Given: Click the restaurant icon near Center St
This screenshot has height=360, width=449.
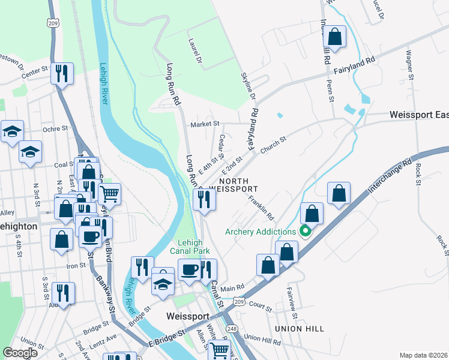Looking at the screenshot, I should click(62, 74).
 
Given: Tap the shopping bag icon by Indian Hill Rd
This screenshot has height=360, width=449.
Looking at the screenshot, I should click(335, 36).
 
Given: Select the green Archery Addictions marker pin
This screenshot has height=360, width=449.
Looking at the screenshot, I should click(305, 231).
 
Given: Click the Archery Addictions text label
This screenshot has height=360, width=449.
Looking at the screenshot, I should click(261, 232).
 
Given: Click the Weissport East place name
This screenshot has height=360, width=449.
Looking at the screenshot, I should click(418, 114).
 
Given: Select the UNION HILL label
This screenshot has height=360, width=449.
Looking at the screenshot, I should click(299, 329).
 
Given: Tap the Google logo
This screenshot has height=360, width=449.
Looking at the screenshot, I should click(20, 352).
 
